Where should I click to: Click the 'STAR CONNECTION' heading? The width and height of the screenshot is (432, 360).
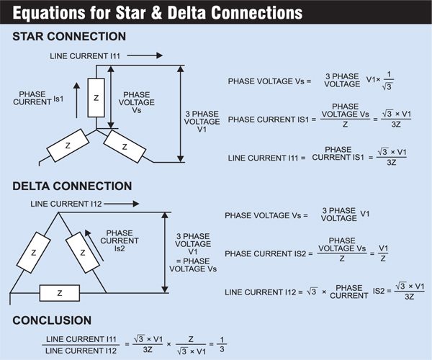69,37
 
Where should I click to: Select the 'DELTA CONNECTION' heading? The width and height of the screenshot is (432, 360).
72,186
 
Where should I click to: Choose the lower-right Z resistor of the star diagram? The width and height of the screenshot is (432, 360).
124,146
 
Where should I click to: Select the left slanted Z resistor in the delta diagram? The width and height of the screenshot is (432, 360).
34,253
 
